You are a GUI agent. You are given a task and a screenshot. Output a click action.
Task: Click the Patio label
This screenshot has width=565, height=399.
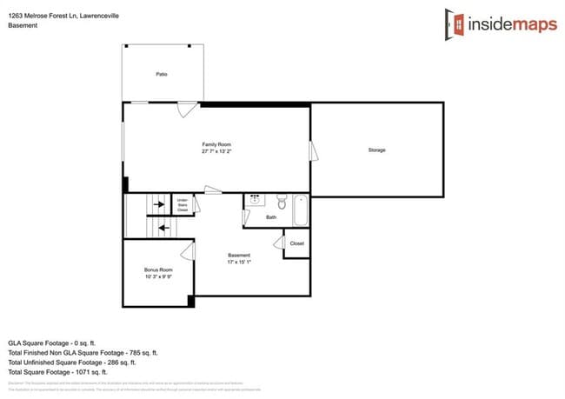pos(162,75)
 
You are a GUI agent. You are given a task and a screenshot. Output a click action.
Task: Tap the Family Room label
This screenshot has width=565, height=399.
pos(216,144)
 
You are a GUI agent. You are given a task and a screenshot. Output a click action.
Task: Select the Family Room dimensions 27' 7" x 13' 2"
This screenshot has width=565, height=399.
pos(216,151)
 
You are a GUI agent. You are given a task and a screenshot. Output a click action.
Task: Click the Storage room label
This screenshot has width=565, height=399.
pos(376,150)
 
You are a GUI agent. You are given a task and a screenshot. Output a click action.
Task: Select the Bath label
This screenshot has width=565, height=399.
pos(271,217)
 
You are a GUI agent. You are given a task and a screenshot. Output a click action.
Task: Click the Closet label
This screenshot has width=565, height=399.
pos(296,243)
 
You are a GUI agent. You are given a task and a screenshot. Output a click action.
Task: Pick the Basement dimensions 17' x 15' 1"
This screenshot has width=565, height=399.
pos(239,262)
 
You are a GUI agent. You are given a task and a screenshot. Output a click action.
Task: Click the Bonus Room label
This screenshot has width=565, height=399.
pos(157,270)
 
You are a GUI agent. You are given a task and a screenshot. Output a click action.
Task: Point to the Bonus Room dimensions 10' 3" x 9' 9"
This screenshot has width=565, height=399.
pos(157,277)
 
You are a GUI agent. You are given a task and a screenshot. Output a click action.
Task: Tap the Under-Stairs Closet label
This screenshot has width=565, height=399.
pos(183,205)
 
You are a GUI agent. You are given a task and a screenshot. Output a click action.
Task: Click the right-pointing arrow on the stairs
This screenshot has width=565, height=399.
pos(159,204)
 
